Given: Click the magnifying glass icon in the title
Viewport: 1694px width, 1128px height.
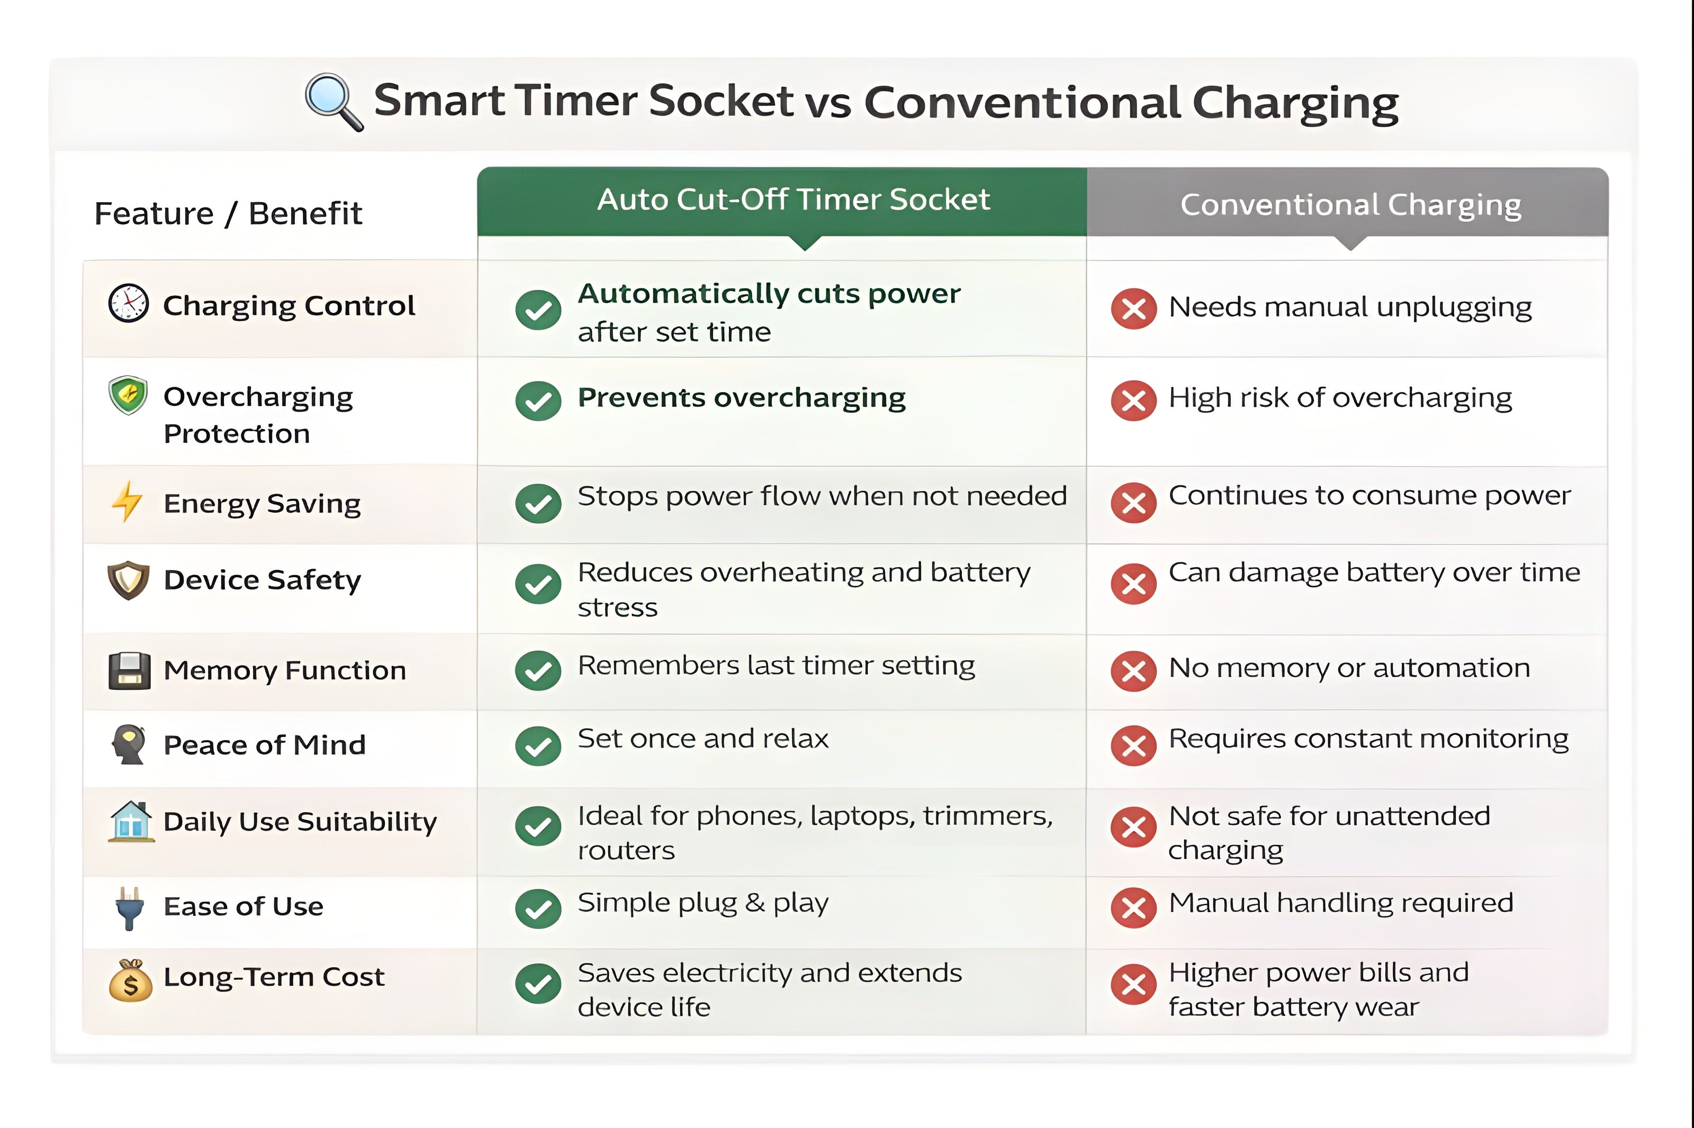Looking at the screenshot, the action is (x=333, y=102).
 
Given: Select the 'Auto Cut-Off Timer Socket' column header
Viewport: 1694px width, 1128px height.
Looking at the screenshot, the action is (x=793, y=199).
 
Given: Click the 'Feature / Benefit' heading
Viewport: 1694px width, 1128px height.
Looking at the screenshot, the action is (x=228, y=214).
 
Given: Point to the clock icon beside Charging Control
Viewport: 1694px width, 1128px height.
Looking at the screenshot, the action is (x=128, y=304).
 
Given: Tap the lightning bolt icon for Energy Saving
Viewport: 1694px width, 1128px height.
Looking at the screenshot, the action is (x=128, y=502).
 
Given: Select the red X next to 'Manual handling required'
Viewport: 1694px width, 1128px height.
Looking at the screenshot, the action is (x=1133, y=908).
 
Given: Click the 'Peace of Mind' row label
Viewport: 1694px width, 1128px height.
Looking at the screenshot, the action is (x=265, y=744).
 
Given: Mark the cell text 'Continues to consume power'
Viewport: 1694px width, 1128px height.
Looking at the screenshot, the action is (x=1369, y=496).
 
